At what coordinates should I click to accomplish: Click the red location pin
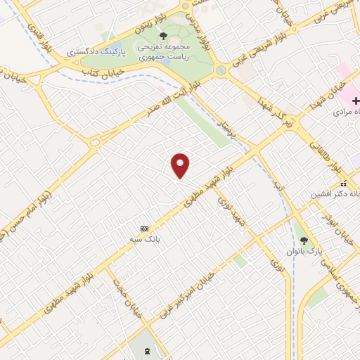181,165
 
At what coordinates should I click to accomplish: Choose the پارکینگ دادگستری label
96,53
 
